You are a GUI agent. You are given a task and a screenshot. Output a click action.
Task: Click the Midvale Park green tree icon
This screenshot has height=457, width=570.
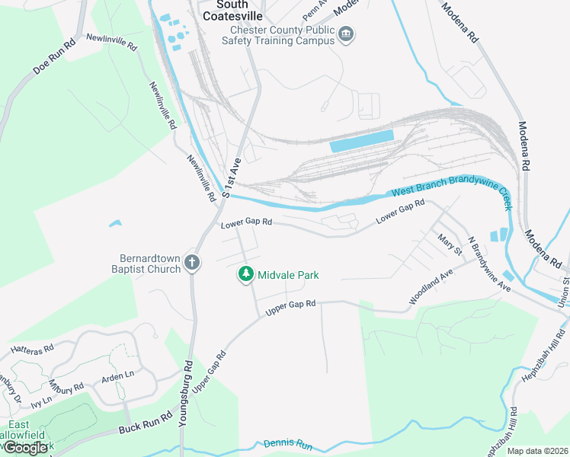[x=246, y=274]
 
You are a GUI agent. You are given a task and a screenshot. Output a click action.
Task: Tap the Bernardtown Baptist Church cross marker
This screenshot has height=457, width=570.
[x=193, y=263]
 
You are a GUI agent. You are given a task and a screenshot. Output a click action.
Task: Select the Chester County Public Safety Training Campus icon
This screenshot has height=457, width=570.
[x=347, y=35]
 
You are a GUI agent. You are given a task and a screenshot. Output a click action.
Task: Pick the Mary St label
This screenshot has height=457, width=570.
[x=450, y=244]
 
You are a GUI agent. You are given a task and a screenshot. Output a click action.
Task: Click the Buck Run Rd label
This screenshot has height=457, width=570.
[x=146, y=424]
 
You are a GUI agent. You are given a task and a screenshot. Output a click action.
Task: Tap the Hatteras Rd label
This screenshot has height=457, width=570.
[x=32, y=349]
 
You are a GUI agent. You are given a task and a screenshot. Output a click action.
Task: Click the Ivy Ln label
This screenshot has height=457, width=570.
[x=41, y=400]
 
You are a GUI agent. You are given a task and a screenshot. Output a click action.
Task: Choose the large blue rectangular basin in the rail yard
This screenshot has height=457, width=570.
[x=361, y=142]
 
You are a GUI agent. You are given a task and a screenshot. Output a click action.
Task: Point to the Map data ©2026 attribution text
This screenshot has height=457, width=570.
[x=536, y=451]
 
